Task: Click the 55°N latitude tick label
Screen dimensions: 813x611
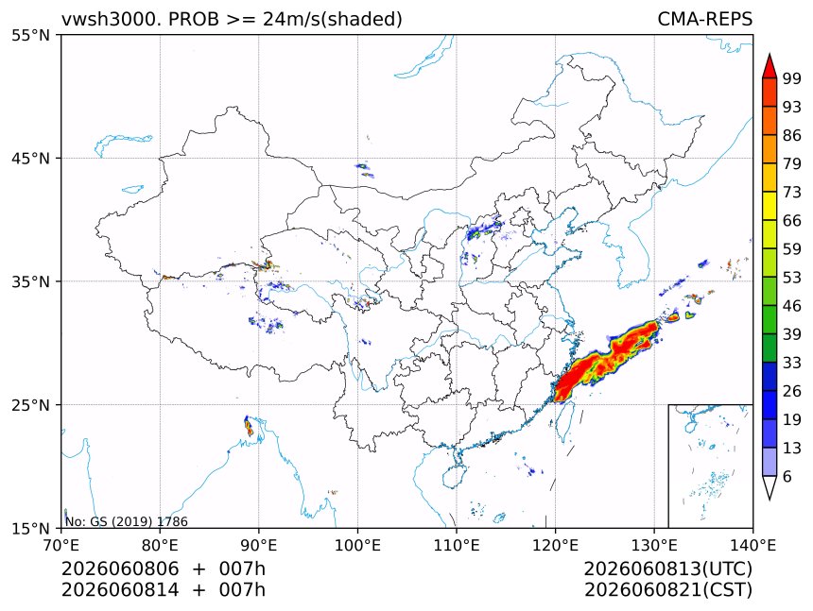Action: coord(30,35)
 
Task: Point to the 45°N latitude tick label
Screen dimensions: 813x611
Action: coord(30,158)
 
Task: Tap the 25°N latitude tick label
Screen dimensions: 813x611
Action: coord(30,404)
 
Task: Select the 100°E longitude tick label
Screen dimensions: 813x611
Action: coord(357,545)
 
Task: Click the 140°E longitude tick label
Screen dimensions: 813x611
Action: coord(752,545)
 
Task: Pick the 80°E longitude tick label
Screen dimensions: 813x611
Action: coord(160,545)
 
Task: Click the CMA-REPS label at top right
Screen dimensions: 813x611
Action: coord(704,19)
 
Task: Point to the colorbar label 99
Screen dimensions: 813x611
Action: coord(792,78)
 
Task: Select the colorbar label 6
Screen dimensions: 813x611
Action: coord(787,476)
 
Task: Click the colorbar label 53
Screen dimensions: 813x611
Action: coord(792,278)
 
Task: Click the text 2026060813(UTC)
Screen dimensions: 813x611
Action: coord(667,569)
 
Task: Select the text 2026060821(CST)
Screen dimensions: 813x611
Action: coord(667,590)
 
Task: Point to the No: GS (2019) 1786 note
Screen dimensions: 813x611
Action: coord(127,521)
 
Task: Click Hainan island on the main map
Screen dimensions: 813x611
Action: coord(455,476)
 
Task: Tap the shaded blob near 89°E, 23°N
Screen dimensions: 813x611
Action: coord(249,426)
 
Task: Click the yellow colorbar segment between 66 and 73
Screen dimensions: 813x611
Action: coord(770,206)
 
